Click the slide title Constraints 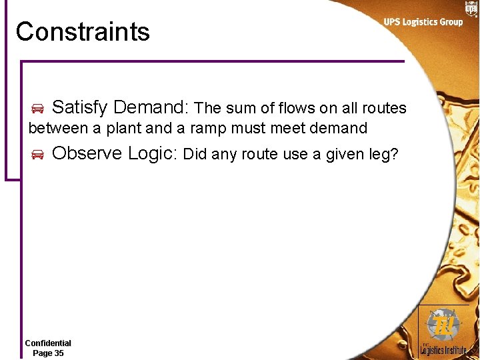tap(83, 31)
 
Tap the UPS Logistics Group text tap(423, 22)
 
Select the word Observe tap(87, 153)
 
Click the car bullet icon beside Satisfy tap(37, 109)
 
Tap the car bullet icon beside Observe tap(37, 155)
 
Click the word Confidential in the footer tap(48, 343)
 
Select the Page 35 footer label tap(48, 353)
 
